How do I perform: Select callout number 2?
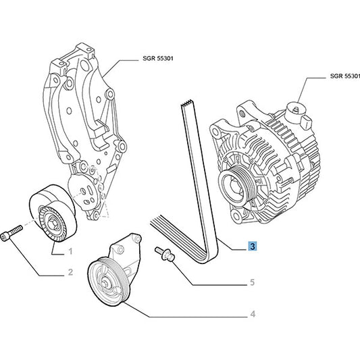point(70,274)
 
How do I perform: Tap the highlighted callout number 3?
point(251,247)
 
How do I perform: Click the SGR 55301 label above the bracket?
point(159,59)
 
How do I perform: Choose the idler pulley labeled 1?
point(53,215)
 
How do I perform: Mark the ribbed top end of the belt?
point(187,105)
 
